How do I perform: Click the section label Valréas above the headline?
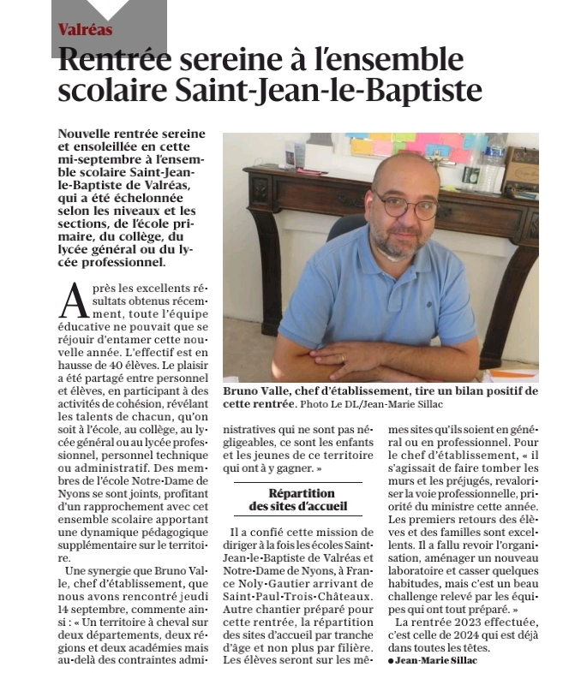(x=85, y=30)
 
